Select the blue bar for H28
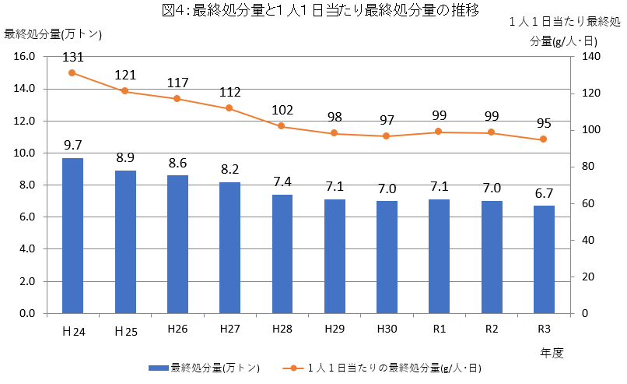282,254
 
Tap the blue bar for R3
544,259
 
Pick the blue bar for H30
387,257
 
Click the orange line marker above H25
124,91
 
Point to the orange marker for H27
229,108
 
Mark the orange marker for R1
439,132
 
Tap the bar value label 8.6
177,163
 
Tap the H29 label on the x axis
335,329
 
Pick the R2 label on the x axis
492,329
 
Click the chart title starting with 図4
313,12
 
